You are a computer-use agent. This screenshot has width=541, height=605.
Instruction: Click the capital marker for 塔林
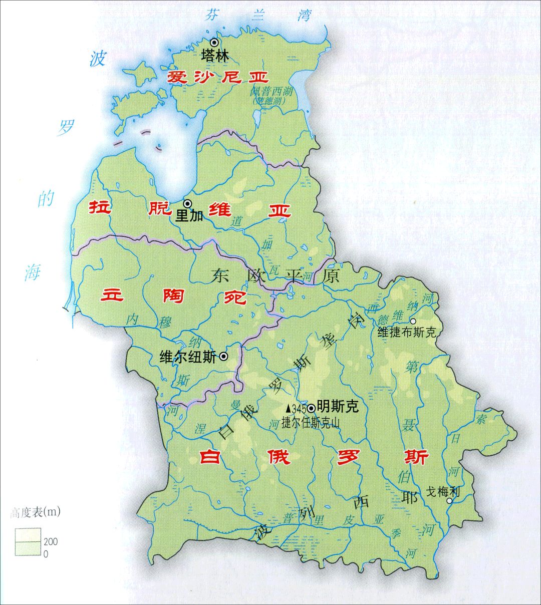point(214,43)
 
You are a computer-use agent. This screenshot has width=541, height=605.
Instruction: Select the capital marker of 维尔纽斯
point(223,357)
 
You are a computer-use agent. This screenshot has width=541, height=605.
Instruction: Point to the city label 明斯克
point(338,407)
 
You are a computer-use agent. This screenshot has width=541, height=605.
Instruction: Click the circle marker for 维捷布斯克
point(413,322)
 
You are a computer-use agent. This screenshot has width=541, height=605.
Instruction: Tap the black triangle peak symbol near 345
point(288,408)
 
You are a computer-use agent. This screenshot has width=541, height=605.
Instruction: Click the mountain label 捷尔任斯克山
point(311,423)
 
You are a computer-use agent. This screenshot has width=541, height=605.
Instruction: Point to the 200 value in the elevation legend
point(51,541)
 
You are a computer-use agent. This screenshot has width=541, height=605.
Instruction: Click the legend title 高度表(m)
point(35,512)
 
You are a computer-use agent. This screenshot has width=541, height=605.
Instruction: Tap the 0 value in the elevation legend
point(46,554)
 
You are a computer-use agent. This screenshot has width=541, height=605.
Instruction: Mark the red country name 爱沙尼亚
point(217,77)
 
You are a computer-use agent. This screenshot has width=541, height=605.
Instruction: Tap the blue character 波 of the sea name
point(98,59)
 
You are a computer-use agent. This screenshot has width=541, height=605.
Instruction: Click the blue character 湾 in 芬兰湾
point(304,15)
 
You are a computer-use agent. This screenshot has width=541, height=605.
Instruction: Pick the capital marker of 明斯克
point(312,408)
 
